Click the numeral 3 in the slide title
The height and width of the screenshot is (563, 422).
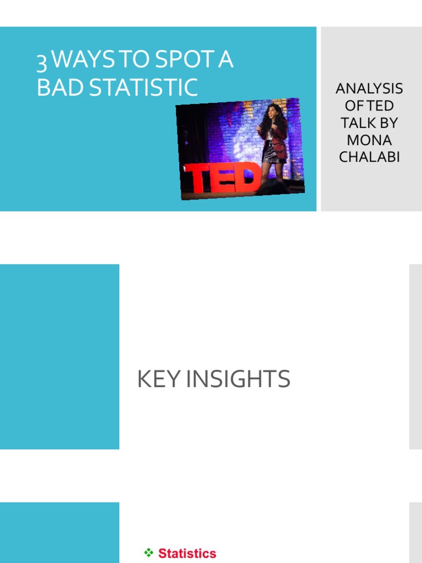pyautogui.click(x=42, y=62)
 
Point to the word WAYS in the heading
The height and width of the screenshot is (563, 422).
pyautogui.click(x=85, y=60)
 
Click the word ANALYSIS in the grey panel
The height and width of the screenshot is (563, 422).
pyautogui.click(x=369, y=89)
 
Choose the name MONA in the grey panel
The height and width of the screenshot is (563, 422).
pyautogui.click(x=369, y=140)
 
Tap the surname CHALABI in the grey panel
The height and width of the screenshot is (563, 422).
pyautogui.click(x=369, y=157)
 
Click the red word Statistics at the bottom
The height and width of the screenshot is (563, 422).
pyautogui.click(x=187, y=553)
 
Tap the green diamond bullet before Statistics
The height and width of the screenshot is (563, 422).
pyautogui.click(x=148, y=553)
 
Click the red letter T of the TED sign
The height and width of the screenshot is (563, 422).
pyautogui.click(x=199, y=179)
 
